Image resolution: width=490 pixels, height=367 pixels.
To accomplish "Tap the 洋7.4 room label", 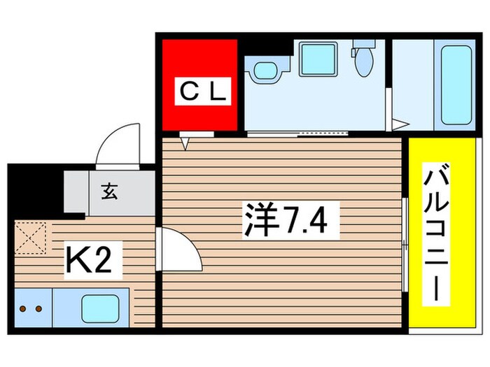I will pos(282,221).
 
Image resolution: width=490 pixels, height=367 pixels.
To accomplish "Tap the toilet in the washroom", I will pos(363,61).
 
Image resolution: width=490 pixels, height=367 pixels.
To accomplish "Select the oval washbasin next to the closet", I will pos(266,70).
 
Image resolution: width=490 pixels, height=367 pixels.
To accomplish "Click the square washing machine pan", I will pos(318,58).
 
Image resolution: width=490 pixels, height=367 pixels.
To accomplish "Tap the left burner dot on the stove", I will pos(23,308).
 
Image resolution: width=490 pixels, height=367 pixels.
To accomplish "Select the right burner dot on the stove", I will pos(38,308).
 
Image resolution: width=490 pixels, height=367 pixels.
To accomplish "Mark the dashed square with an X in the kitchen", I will pos(31,238).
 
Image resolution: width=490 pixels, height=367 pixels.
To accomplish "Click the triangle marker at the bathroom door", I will pos(398,126).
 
